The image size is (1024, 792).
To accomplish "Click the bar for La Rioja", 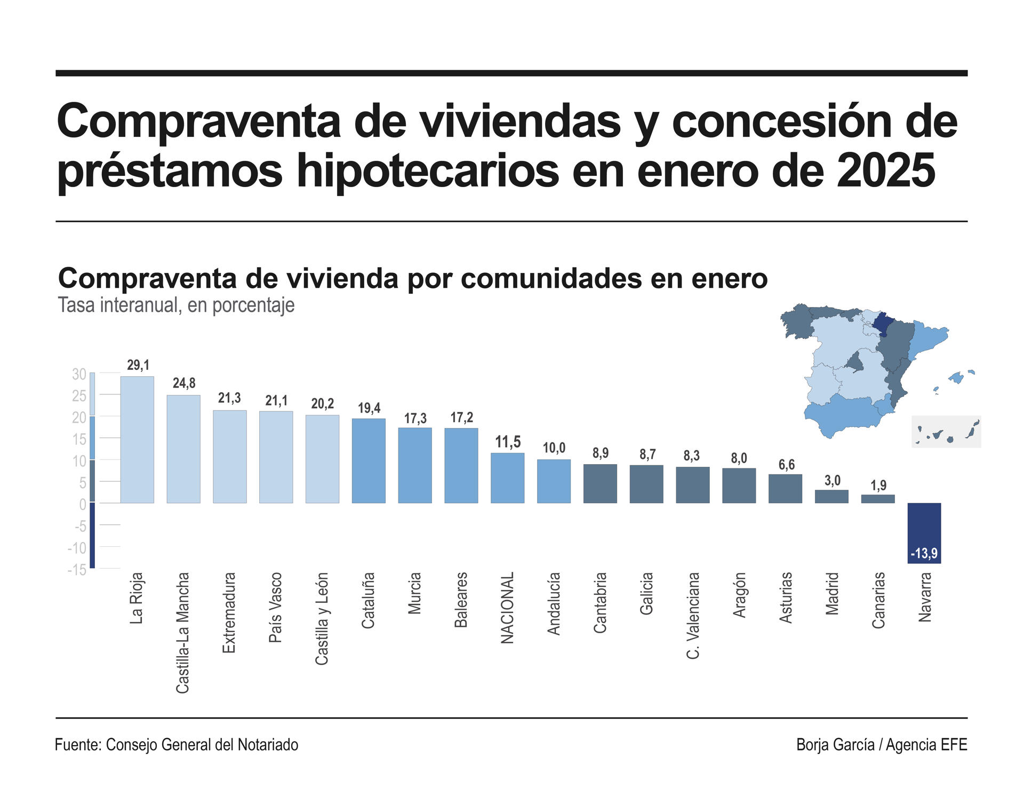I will point(137,440).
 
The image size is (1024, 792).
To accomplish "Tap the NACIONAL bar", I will point(507,478).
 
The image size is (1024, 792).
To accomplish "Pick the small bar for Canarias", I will point(878,499).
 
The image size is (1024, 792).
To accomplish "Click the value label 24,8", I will point(184,383).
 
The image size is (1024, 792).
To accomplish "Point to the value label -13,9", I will point(924,554).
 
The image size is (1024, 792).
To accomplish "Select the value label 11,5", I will point(508,442).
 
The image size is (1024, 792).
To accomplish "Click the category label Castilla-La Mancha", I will point(183,633).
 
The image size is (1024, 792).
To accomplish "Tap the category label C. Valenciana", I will point(692,616).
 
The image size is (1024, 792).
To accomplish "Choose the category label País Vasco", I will point(275,607).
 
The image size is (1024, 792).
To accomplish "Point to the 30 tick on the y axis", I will point(79,375).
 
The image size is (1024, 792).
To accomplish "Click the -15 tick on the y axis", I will point(77,570).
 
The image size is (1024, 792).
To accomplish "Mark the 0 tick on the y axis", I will point(83,505).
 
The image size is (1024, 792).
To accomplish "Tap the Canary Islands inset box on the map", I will point(946,432).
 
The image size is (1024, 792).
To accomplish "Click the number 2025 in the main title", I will point(885,171).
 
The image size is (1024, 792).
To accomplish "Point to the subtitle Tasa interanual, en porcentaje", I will point(176,305).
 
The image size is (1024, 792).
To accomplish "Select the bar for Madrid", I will point(831,497).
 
